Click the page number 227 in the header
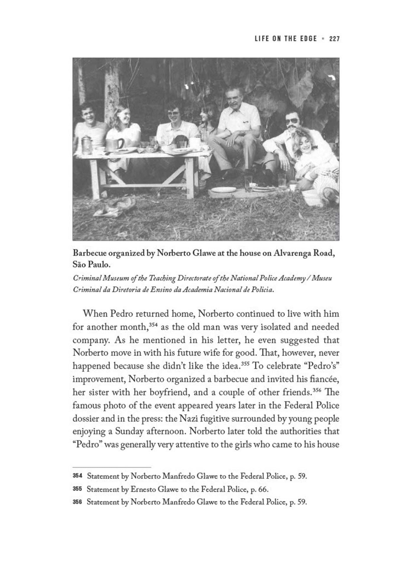[334, 39]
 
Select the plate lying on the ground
[224, 190]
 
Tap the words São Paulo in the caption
[91, 264]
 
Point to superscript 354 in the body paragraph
[153, 325]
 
